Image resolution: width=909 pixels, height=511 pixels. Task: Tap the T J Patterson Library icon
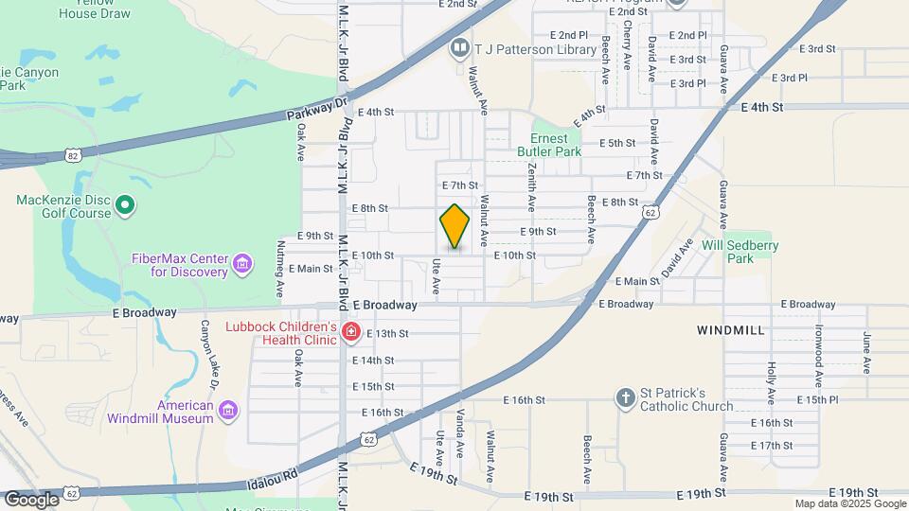click(x=460, y=46)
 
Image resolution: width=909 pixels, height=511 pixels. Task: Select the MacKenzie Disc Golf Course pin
click(x=125, y=204)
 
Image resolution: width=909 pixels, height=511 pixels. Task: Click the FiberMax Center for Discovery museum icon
click(x=242, y=262)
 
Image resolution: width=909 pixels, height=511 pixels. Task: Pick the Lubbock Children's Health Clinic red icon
click(x=350, y=331)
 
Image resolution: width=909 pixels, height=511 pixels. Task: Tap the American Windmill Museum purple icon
click(x=227, y=410)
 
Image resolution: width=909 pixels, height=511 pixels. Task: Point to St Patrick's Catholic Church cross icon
click(x=625, y=397)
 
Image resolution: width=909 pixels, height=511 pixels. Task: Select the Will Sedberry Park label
click(x=740, y=251)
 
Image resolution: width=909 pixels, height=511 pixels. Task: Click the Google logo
click(x=31, y=499)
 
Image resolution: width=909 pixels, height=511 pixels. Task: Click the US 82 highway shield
click(x=73, y=154)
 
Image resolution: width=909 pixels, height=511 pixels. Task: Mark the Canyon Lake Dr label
click(x=207, y=356)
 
